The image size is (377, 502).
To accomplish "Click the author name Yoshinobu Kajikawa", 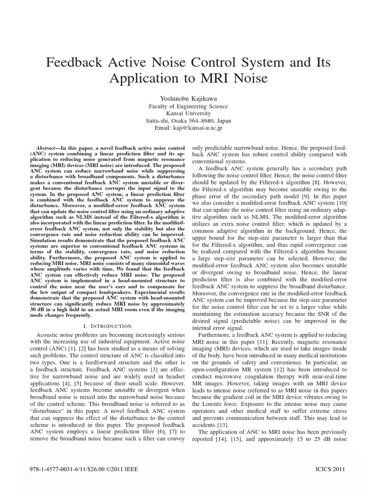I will click(x=188, y=98).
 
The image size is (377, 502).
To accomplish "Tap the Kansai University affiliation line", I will click(x=188, y=113).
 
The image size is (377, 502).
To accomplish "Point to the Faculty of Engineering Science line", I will click(x=188, y=106).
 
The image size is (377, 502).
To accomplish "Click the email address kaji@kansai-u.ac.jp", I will click(x=201, y=128).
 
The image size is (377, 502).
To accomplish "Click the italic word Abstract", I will click(x=48, y=148).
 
